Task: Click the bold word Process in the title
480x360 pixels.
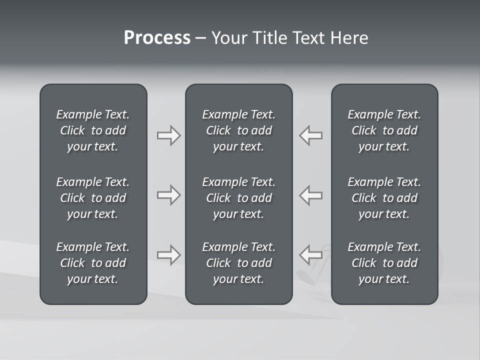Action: (157, 38)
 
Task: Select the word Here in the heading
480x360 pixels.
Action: (349, 38)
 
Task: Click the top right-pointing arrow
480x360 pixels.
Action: (168, 135)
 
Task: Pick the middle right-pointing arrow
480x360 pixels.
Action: (168, 195)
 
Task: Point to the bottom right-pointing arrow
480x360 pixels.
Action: (168, 255)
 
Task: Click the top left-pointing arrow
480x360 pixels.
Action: (310, 135)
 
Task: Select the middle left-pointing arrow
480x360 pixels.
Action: (310, 195)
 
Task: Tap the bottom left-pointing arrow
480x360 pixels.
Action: (310, 255)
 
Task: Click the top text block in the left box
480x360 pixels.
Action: (93, 130)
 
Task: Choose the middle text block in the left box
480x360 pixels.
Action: (93, 198)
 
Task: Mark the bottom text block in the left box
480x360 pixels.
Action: (93, 263)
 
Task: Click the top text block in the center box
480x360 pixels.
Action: (238, 130)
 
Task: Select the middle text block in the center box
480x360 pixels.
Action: (238, 198)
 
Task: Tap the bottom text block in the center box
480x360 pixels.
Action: (238, 263)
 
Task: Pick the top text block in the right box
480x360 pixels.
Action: (384, 130)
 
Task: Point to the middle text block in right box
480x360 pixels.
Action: (384, 198)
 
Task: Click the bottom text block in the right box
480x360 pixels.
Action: (384, 263)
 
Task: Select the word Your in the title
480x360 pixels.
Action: (228, 38)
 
